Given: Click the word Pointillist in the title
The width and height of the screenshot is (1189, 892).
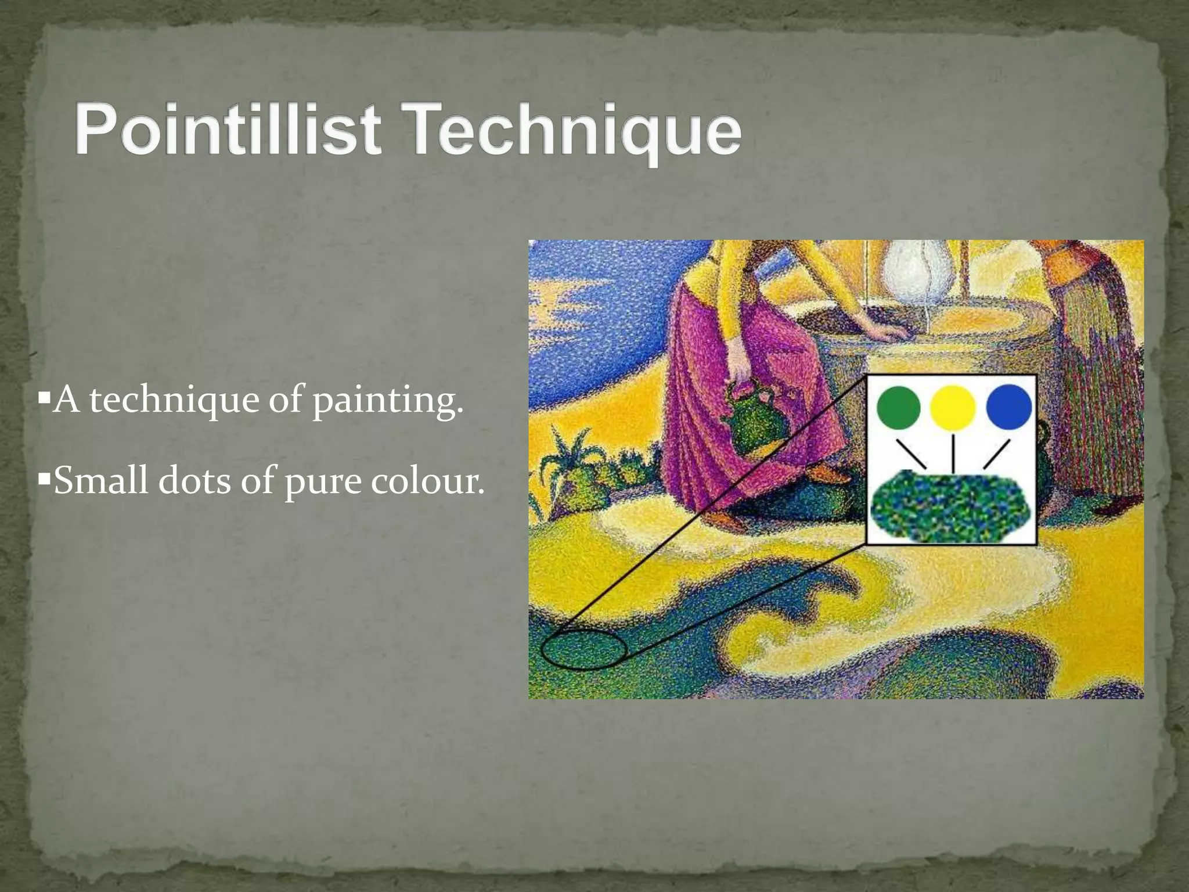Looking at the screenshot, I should [228, 129].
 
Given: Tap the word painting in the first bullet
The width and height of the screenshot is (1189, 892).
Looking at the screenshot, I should [388, 401].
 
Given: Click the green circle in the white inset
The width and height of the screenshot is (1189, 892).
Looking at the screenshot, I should [898, 407].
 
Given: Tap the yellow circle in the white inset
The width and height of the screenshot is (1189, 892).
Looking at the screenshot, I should [953, 407].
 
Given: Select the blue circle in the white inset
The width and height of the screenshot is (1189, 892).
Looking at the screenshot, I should [1008, 407].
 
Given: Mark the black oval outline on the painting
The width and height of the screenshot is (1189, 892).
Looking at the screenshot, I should [583, 649].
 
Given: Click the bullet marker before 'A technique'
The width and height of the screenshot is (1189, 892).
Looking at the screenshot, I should [44, 400].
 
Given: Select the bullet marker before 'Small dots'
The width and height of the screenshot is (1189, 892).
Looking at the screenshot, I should [44, 480].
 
